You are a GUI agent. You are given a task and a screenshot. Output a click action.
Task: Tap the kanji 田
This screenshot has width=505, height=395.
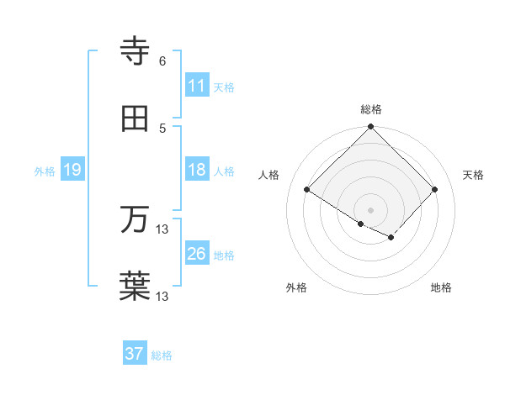(x=136, y=118)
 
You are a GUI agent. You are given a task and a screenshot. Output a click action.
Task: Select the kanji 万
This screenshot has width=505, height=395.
(x=136, y=220)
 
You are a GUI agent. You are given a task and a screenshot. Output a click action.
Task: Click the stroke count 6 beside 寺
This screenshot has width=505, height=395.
(x=162, y=61)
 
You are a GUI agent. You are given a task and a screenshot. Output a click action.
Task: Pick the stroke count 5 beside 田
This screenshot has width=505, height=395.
(x=162, y=128)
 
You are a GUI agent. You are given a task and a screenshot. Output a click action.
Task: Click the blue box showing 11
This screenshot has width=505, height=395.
(x=196, y=86)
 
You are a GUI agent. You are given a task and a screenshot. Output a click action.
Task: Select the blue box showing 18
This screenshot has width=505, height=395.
(x=196, y=170)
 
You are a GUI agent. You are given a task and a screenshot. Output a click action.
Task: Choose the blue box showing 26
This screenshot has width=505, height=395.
(x=196, y=254)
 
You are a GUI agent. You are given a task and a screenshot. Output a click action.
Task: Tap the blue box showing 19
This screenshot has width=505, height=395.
(x=72, y=170)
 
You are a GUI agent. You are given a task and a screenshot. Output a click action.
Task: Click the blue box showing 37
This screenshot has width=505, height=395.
(x=134, y=354)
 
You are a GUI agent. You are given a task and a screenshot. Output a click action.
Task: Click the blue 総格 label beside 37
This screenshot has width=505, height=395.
(x=162, y=355)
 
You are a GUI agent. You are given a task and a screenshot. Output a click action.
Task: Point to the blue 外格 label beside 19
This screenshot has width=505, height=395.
(x=45, y=171)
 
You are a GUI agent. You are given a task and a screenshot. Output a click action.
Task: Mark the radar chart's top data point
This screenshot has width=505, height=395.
(x=371, y=128)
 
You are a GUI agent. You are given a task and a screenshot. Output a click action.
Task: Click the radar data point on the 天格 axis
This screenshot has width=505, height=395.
(x=435, y=189)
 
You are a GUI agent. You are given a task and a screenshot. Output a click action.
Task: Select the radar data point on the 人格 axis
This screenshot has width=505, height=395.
(x=307, y=189)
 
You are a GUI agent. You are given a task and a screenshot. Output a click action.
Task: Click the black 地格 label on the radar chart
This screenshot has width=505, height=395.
(x=441, y=287)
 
